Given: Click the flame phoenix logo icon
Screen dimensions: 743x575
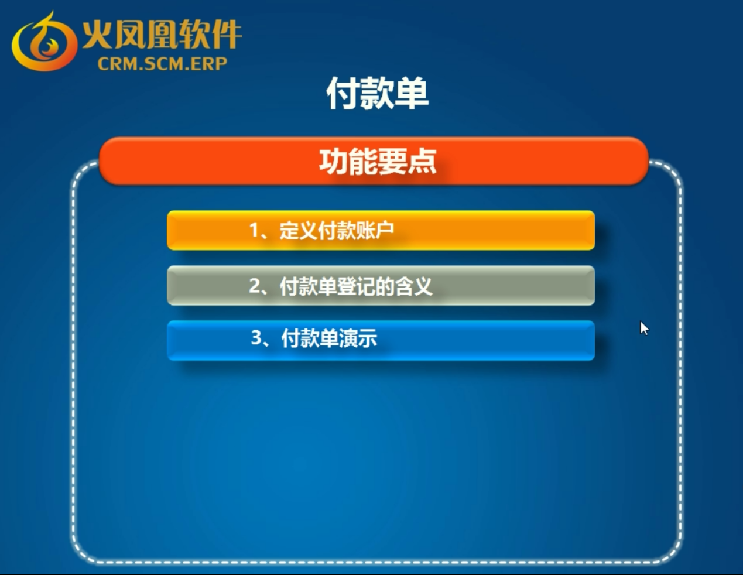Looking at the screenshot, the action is click(x=44, y=42).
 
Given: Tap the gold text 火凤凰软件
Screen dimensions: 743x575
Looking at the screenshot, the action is click(x=162, y=34).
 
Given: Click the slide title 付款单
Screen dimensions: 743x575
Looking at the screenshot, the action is click(x=378, y=93).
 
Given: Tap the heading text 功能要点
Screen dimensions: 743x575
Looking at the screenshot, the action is click(x=378, y=162).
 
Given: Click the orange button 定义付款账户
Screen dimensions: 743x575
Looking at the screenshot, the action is click(x=381, y=231).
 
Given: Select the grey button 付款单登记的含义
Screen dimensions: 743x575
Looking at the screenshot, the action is click(x=381, y=285).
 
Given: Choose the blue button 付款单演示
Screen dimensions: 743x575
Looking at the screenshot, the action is click(x=381, y=340).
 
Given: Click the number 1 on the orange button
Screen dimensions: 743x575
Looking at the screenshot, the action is click(x=254, y=230).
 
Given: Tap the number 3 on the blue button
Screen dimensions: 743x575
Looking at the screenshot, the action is click(x=256, y=337).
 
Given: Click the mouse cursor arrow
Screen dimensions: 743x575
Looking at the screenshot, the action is click(x=644, y=328).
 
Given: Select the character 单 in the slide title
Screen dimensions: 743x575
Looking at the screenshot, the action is click(x=412, y=93).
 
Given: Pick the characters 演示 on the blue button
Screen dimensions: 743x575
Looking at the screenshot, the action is click(x=358, y=338).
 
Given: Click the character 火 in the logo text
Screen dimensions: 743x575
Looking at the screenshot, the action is click(x=97, y=34).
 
